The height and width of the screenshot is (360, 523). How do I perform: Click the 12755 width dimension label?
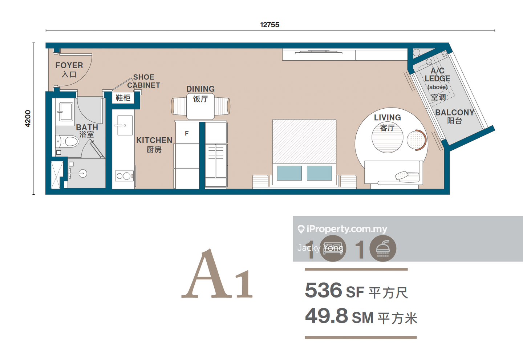point(269,25)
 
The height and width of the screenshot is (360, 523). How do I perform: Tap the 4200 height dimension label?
point(28,118)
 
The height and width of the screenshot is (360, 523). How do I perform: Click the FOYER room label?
point(69,65)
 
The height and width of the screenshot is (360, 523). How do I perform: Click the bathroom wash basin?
point(66,112)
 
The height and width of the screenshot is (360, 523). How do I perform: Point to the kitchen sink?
point(125,125)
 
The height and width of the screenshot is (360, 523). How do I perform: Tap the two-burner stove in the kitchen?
point(124,176)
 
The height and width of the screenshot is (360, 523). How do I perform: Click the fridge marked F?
point(187,133)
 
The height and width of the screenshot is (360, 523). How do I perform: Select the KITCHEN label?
point(154,140)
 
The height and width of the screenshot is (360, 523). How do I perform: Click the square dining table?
point(200,106)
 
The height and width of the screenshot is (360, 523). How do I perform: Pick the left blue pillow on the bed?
point(289,173)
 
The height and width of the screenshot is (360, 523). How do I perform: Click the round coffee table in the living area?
point(387,138)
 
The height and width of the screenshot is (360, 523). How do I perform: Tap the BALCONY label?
point(455,113)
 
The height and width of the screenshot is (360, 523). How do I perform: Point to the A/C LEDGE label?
point(437,74)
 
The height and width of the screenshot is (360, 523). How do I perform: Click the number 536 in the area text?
point(323,290)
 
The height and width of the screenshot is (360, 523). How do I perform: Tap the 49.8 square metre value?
point(327,316)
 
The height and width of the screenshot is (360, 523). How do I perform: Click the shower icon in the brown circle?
point(383,248)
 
